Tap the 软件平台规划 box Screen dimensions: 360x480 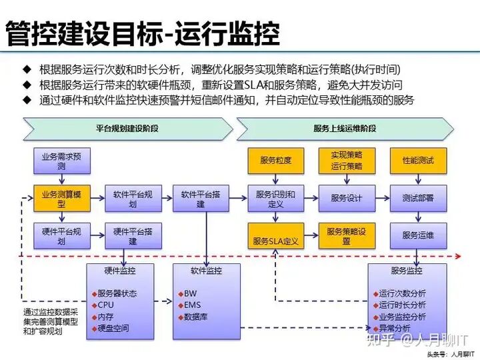pyautogui.click(x=132, y=198)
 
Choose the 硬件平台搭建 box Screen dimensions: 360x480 pyautogui.click(x=132, y=235)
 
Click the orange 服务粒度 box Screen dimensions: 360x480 pyautogui.click(x=275, y=161)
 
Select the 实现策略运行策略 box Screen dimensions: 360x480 pyautogui.click(x=346, y=161)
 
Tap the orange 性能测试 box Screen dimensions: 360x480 pyautogui.click(x=417, y=161)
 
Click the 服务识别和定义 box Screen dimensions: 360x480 pyautogui.click(x=275, y=198)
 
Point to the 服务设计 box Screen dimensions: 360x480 pyautogui.click(x=346, y=198)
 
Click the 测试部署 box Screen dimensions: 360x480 pyautogui.click(x=417, y=198)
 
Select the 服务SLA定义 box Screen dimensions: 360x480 pyautogui.click(x=275, y=235)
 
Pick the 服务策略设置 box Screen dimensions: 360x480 pyautogui.click(x=346, y=235)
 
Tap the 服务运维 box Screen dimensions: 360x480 pyautogui.click(x=417, y=235)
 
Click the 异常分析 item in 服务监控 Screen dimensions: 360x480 pyautogui.click(x=393, y=329)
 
